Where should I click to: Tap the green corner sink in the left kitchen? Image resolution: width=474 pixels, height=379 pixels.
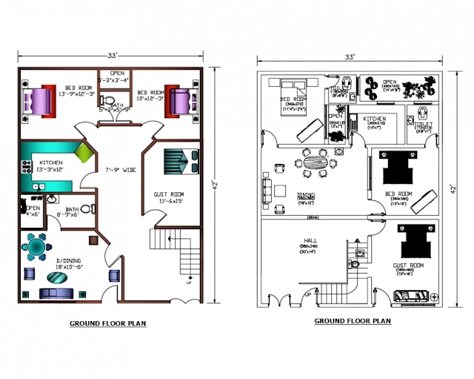point(83,154)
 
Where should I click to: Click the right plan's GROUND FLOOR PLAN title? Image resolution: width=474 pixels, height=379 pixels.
point(353,321)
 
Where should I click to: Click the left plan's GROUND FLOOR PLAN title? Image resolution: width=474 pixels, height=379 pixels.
point(107,323)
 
